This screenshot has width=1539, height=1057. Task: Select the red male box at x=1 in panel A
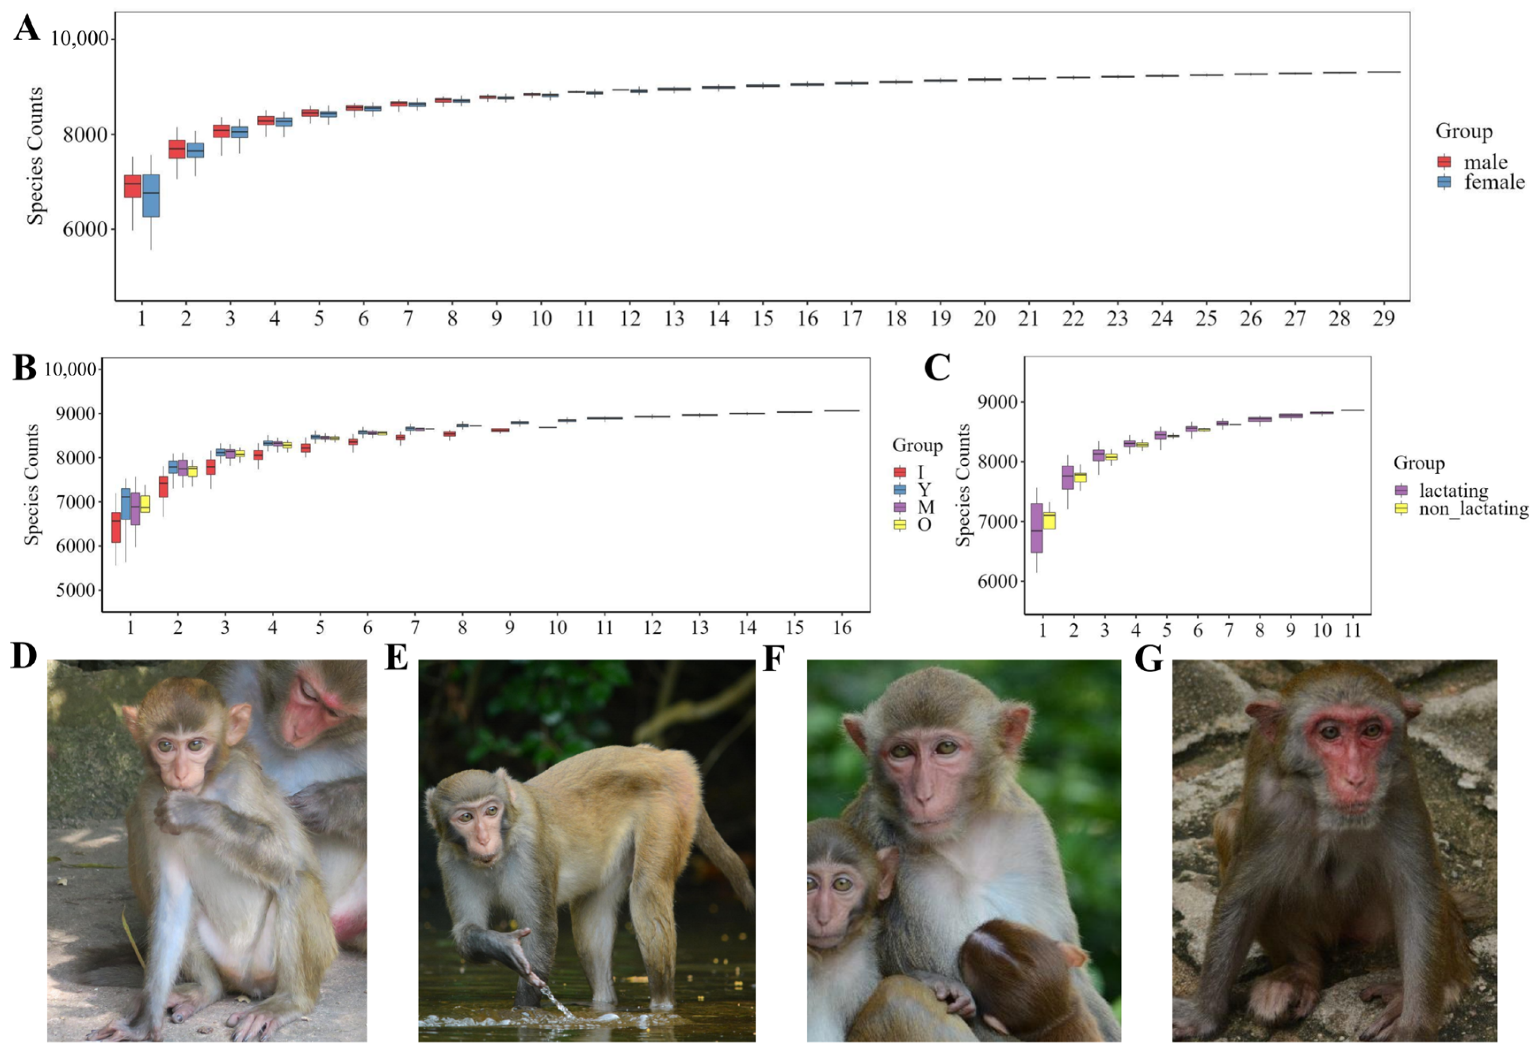pos(133,186)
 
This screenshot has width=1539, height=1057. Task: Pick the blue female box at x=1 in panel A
pos(151,195)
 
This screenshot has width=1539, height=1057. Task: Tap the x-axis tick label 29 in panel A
pos(1383,319)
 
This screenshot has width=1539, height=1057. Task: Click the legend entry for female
pos(1494,182)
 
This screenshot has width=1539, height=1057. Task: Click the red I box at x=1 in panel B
pos(116,527)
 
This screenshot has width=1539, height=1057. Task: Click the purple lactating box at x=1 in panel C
pos(1036,528)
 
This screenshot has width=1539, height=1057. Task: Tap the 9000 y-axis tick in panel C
pos(997,402)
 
